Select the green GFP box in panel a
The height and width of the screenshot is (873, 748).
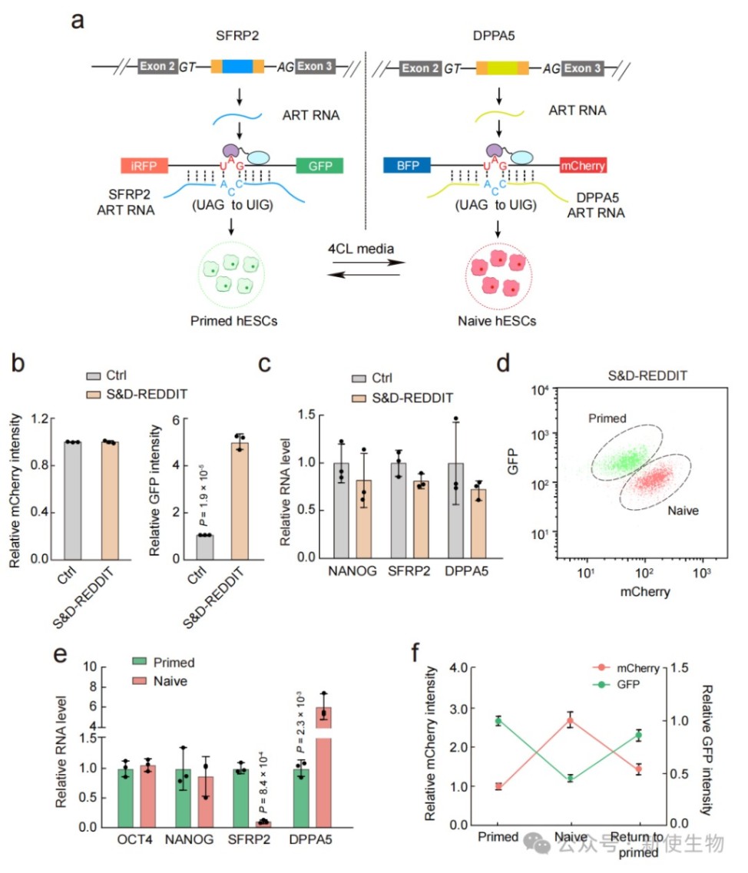click(x=319, y=165)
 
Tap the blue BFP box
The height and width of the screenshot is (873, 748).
click(x=406, y=165)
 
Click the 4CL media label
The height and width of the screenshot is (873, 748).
click(x=361, y=249)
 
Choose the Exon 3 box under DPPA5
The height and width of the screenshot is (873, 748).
click(x=582, y=68)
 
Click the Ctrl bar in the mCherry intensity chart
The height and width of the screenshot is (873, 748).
click(x=73, y=500)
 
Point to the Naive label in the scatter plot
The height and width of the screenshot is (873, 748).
click(x=683, y=509)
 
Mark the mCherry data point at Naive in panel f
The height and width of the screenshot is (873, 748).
click(x=570, y=720)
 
